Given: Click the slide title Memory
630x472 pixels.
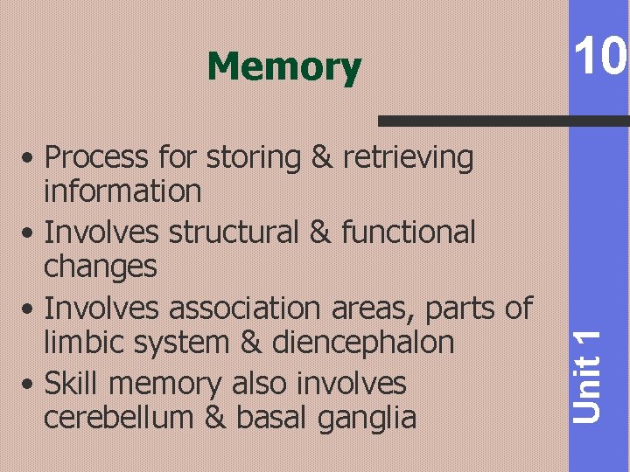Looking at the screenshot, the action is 283,66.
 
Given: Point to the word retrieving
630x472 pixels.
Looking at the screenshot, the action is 409,158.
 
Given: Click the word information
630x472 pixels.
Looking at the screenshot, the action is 122,191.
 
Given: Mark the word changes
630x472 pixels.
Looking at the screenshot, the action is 100,267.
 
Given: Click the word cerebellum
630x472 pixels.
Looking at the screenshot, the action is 120,417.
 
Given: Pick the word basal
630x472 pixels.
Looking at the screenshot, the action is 269,417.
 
